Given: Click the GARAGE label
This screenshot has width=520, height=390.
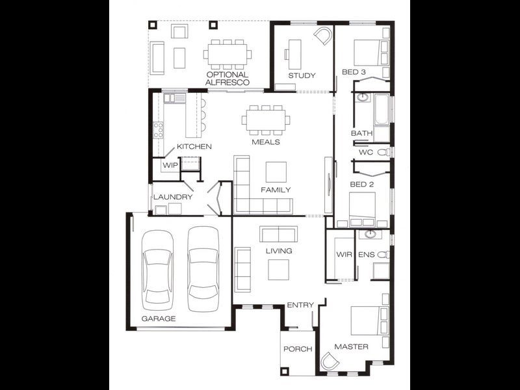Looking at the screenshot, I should pos(159,318).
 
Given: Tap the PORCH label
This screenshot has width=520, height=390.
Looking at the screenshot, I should pos(297,349).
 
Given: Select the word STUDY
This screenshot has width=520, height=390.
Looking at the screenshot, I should pos(302,75).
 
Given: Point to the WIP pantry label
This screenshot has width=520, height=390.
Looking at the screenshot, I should pos(170,165).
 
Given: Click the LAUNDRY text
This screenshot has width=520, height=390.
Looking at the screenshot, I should pos(172,196).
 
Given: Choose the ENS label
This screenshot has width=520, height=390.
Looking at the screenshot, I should pos(367,255).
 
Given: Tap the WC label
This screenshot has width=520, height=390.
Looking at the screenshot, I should pos(365,153).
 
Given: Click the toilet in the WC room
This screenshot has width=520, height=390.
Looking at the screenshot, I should pos(384,152).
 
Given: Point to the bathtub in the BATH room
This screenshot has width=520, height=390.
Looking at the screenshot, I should pos(381,111).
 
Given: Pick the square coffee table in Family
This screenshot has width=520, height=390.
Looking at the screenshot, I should pos(276,172).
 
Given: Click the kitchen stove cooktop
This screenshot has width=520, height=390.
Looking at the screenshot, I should pos(157,129).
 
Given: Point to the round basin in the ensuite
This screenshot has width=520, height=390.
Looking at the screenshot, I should pos(370,235).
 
